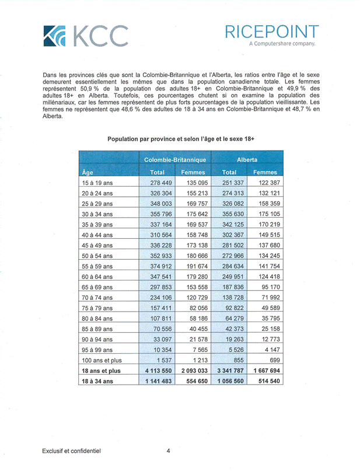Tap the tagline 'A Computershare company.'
coord(282,44)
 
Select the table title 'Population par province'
coord(181,139)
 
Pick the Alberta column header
coord(247,159)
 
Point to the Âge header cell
coord(88,172)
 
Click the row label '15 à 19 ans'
coord(97,183)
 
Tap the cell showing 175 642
coord(193,214)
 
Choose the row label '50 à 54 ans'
coord(97,256)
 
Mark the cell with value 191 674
coord(193,266)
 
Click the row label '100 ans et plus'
coord(103,360)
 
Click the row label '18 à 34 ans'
coord(97,381)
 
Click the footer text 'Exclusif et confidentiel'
coord(72,451)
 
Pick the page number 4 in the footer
coord(168,451)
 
